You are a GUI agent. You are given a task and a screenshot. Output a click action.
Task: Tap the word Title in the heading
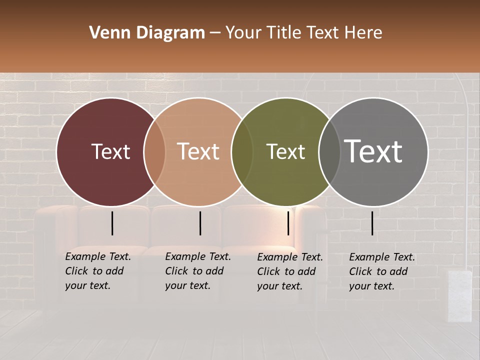(x=284, y=33)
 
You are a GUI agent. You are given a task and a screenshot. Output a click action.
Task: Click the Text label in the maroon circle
(x=110, y=151)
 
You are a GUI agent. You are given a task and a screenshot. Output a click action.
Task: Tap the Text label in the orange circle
(x=198, y=151)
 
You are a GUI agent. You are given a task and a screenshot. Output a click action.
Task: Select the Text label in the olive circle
(x=286, y=151)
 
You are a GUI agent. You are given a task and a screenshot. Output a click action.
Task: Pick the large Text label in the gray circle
(x=373, y=151)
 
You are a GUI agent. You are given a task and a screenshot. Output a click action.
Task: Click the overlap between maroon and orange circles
(x=154, y=151)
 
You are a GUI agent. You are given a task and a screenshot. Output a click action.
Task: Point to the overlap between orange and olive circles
(x=242, y=151)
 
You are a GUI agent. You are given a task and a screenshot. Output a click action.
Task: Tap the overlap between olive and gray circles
(x=329, y=151)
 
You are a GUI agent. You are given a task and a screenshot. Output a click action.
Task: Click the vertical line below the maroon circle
(x=112, y=223)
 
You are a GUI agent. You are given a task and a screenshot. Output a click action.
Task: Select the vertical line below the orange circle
(x=200, y=223)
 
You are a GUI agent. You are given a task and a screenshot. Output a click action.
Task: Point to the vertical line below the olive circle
(x=288, y=223)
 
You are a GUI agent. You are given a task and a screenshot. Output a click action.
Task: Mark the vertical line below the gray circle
(x=372, y=223)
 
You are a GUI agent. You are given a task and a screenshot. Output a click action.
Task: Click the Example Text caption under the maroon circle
(x=97, y=271)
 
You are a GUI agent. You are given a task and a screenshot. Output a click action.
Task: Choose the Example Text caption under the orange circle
(x=197, y=271)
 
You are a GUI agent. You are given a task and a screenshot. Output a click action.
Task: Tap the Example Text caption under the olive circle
(x=289, y=271)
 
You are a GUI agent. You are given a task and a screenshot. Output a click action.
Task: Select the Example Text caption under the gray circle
(x=381, y=271)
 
